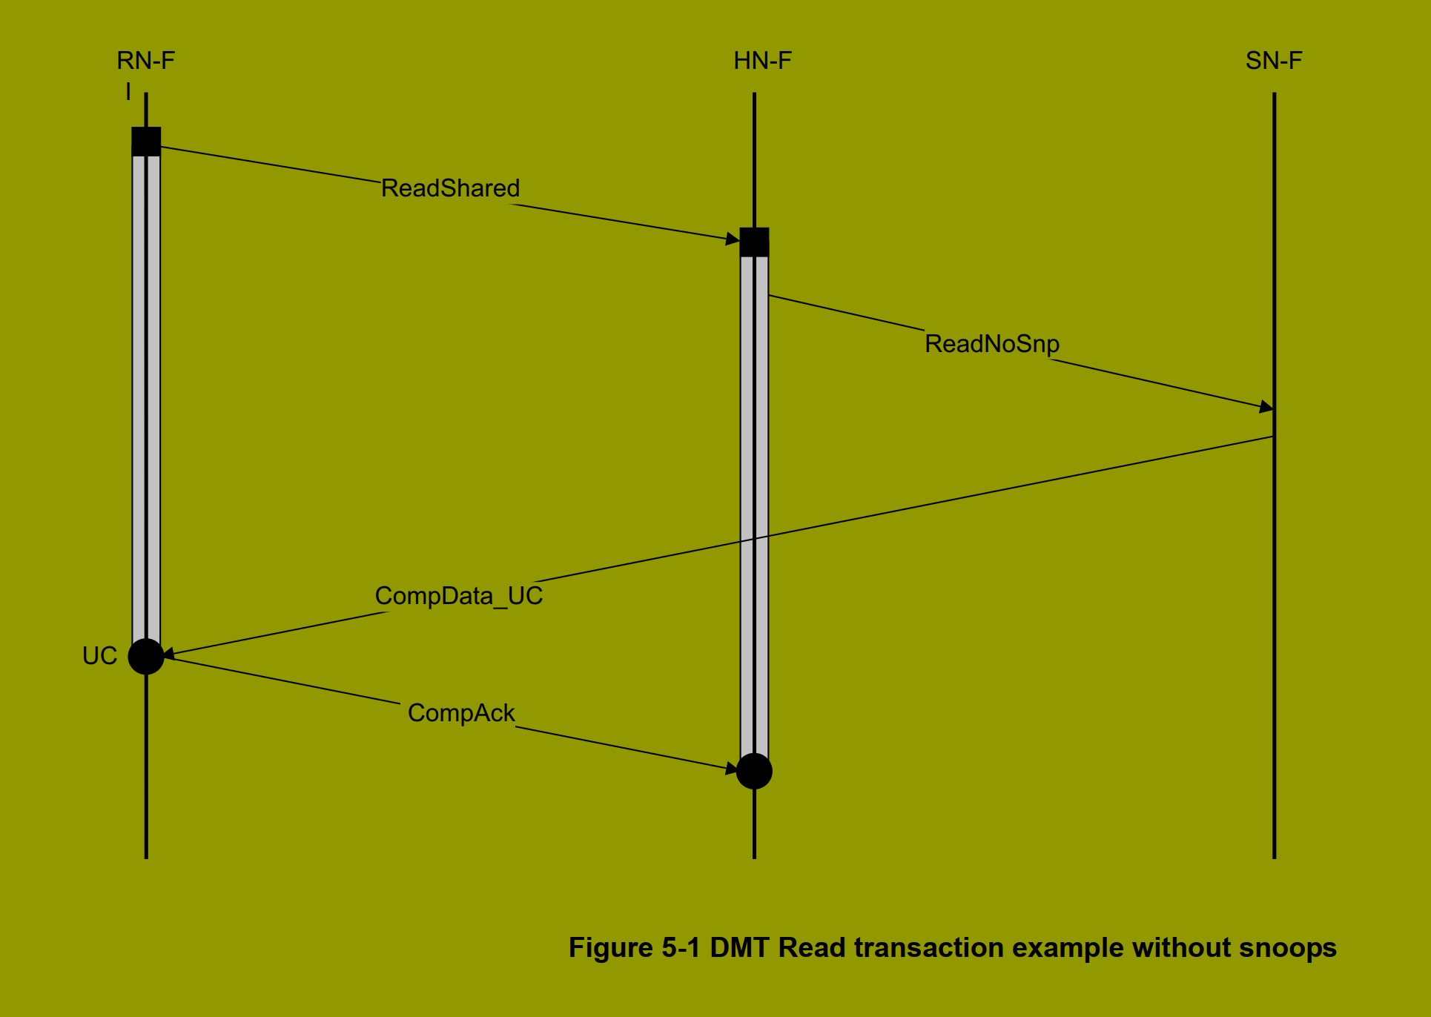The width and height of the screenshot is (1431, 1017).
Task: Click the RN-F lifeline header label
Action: click(x=146, y=61)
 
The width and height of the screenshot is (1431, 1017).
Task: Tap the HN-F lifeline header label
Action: click(x=762, y=61)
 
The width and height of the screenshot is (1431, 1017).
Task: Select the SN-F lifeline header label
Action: click(x=1273, y=61)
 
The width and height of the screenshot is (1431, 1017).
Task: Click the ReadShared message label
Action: click(x=450, y=188)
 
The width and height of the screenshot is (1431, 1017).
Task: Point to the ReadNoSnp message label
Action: click(x=991, y=344)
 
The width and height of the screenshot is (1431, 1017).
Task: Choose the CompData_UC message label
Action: click(x=458, y=596)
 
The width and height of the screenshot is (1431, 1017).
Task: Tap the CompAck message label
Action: click(x=460, y=713)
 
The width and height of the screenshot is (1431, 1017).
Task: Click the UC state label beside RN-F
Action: click(x=99, y=656)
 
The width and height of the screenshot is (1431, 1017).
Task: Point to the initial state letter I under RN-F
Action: click(x=128, y=92)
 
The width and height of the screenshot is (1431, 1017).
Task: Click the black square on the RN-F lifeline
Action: click(x=146, y=142)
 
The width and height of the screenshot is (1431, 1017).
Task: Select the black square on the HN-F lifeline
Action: click(x=754, y=242)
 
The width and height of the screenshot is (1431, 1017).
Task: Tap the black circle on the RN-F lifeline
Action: click(x=146, y=656)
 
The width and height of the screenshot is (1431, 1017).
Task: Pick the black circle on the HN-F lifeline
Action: click(x=754, y=772)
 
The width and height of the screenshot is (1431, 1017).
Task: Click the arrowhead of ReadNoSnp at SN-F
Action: click(x=1267, y=407)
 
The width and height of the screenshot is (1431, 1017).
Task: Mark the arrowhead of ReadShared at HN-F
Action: click(x=733, y=238)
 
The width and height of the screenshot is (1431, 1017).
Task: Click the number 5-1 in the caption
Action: click(x=681, y=948)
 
